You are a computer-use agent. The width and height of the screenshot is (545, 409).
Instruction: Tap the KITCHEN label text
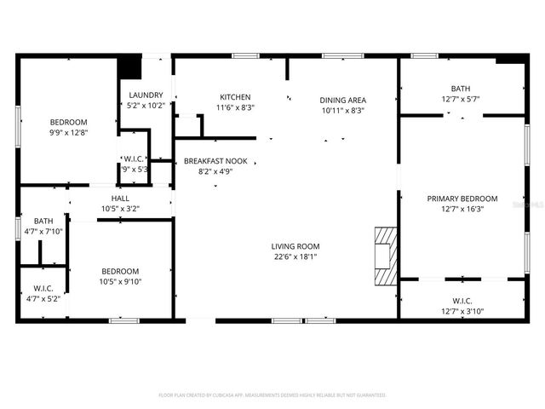pos(235,96)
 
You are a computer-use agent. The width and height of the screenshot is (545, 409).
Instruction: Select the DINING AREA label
pos(342,100)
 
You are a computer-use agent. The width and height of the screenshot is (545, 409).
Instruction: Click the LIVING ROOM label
pos(295,246)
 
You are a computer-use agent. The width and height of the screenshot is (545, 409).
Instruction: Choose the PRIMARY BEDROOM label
pos(461,199)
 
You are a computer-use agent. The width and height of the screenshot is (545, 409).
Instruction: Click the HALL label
pos(120,198)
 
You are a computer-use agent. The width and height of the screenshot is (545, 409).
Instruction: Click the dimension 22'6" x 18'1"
pos(295,257)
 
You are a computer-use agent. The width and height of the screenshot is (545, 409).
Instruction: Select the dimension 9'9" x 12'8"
pos(68,132)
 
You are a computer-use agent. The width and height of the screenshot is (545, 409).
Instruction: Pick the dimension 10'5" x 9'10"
pos(120,282)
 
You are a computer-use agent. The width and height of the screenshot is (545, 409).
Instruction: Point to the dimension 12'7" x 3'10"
pos(462,311)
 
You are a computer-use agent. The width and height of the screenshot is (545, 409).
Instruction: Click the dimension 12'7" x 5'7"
pos(460,99)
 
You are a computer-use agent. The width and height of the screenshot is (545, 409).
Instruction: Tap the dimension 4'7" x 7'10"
pos(43,231)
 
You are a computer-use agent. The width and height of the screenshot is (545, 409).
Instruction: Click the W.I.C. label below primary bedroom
pos(462,300)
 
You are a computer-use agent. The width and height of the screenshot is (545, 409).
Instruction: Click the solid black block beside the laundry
pos(129,66)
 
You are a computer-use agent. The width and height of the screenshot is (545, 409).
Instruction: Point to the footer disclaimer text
pos(272,395)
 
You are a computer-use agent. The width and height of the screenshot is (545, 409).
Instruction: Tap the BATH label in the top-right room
pos(460,89)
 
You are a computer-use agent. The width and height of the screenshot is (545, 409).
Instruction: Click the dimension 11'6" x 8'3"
pos(235,107)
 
